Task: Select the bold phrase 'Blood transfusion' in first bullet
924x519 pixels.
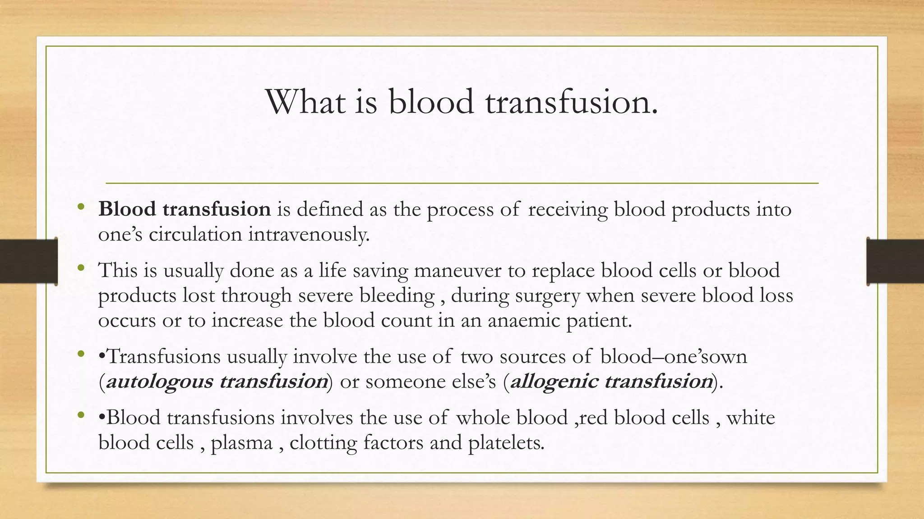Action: pos(184,209)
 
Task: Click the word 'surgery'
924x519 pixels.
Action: pos(547,296)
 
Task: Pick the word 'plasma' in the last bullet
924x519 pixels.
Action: pos(242,443)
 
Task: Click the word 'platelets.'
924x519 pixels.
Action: pos(506,443)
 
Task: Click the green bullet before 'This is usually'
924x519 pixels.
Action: pos(81,269)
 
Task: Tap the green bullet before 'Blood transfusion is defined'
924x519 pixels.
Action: pos(81,207)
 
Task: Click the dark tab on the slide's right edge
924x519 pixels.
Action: pos(895,261)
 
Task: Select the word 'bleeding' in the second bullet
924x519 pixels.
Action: pos(397,296)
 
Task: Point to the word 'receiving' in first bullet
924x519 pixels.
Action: pos(568,209)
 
